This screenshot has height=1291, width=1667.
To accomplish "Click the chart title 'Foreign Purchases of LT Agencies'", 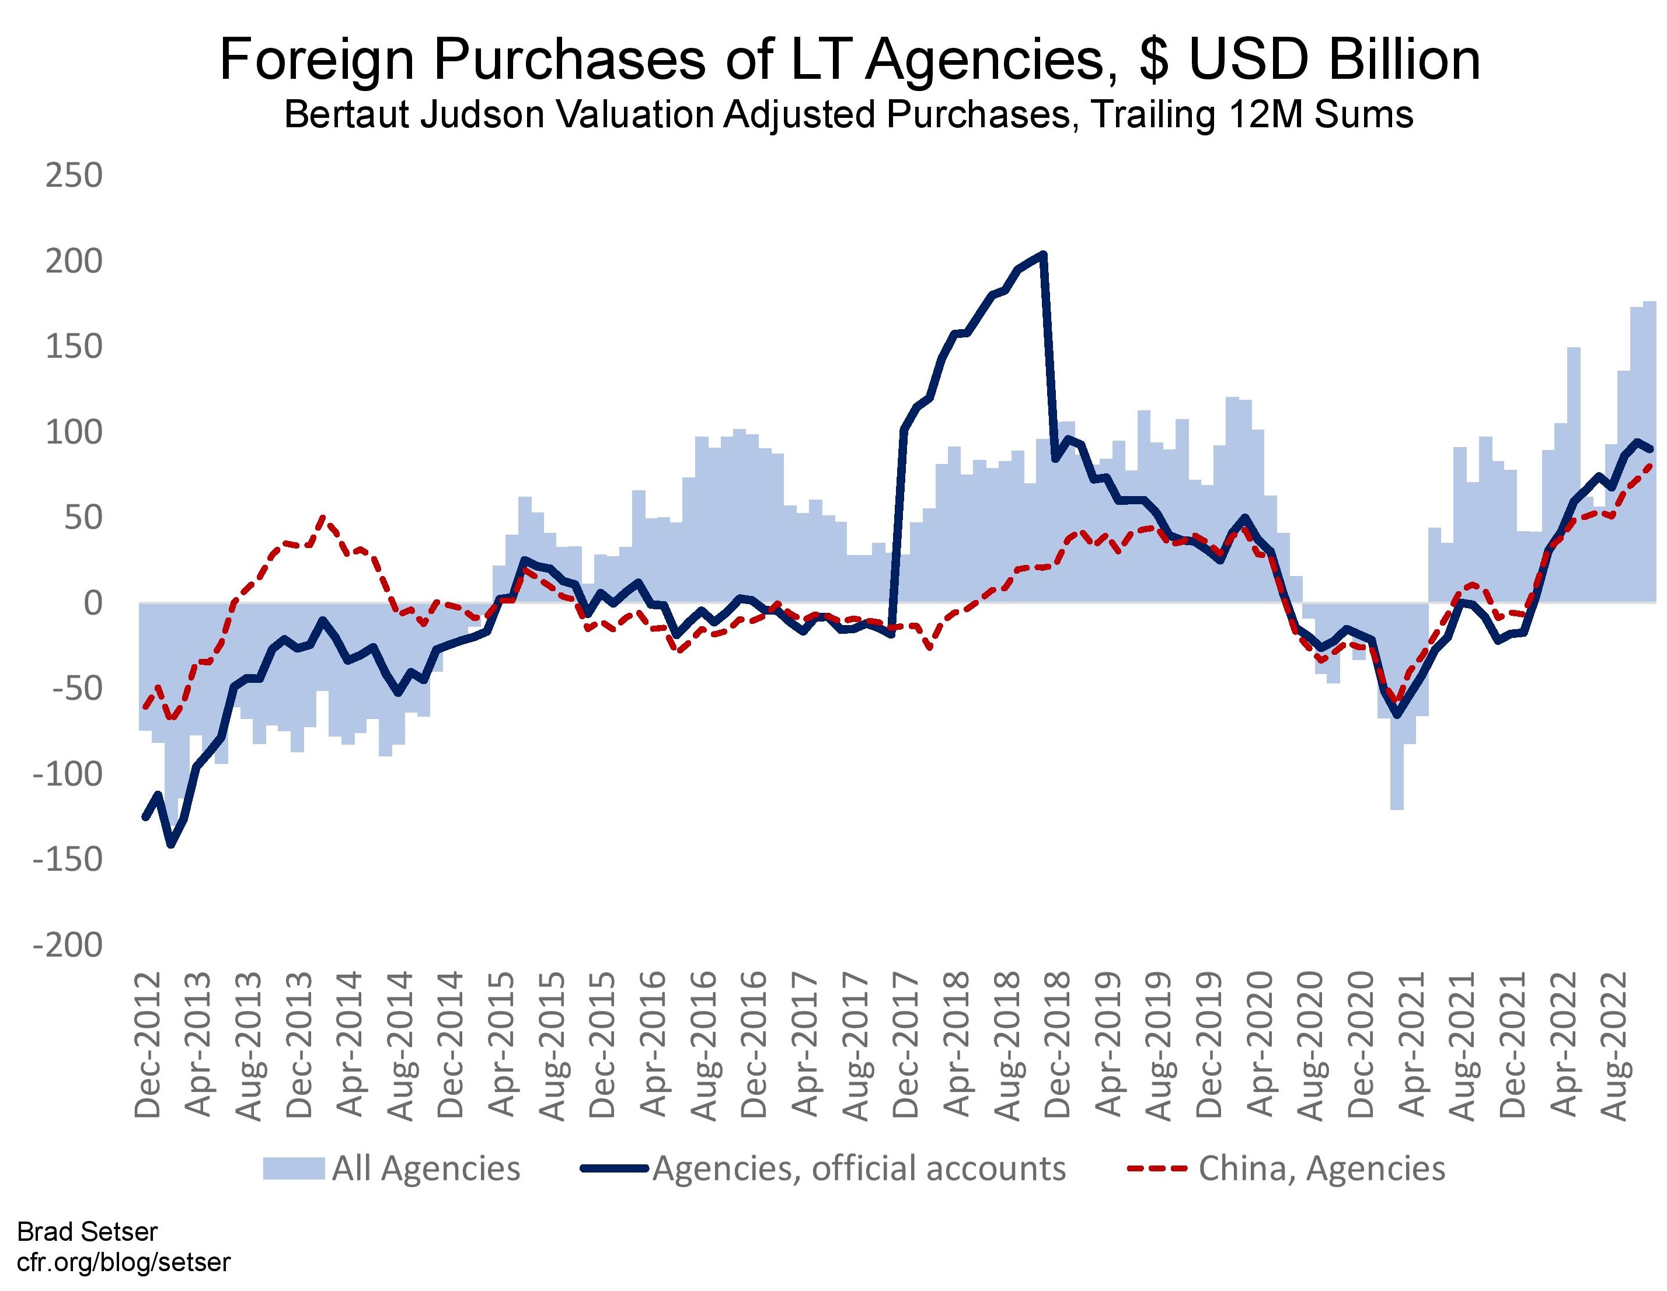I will [849, 60].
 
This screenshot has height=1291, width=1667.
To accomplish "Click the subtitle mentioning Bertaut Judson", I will [849, 114].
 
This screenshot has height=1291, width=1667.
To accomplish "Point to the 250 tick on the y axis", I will [74, 176].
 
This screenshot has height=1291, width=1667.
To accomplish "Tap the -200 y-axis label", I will [67, 945].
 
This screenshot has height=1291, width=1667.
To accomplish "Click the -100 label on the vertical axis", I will [67, 774].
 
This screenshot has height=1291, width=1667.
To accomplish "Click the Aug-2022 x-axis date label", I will [1616, 1045].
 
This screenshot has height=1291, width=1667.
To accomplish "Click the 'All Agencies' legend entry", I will [392, 1168].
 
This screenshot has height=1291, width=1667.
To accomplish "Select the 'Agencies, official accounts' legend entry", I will [824, 1168].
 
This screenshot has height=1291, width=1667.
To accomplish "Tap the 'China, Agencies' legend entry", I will [1287, 1168].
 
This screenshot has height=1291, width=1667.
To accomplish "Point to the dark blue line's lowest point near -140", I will [171, 845].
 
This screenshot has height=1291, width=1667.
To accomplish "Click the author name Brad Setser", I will [87, 1231].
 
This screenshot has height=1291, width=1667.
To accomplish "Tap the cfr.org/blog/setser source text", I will [123, 1261].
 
